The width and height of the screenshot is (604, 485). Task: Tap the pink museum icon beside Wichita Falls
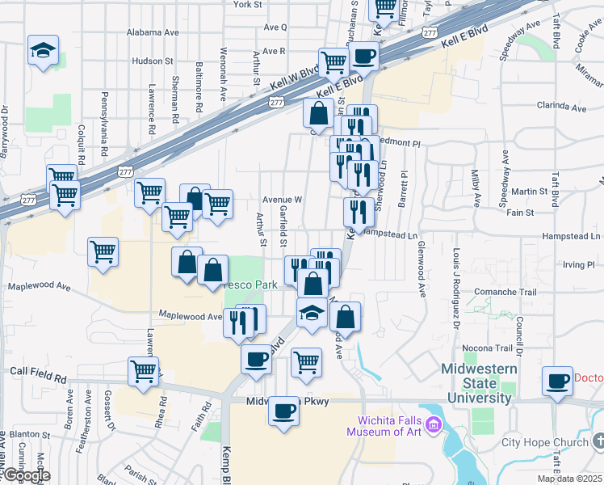[432, 424]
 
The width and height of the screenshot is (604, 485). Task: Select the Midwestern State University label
[477, 383]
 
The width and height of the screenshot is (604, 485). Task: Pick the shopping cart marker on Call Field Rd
[143, 372]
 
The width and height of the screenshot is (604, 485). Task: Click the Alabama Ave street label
[153, 32]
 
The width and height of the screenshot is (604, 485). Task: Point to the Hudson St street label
[153, 61]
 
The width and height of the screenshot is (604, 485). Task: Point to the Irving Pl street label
[578, 264]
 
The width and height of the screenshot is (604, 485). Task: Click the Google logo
[26, 475]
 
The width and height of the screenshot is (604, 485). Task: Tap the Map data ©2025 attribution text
[570, 479]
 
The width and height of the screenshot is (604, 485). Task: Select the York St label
[247, 4]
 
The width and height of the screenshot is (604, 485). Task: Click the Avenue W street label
[282, 199]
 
